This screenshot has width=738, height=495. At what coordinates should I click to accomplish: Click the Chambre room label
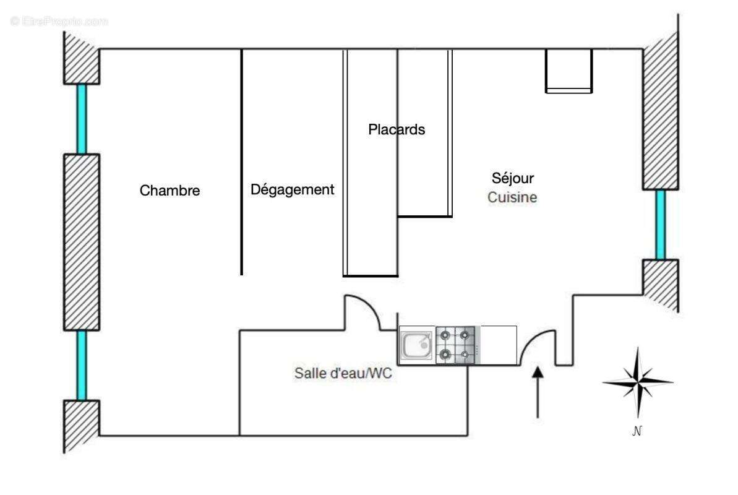[x=169, y=191]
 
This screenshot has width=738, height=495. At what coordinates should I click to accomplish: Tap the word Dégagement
[x=292, y=190]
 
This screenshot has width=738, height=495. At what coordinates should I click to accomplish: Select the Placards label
[x=397, y=130]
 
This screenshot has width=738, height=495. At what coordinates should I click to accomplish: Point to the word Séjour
[x=512, y=178]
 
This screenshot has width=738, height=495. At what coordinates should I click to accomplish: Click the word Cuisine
[x=512, y=198]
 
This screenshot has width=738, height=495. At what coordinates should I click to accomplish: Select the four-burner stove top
[x=455, y=345]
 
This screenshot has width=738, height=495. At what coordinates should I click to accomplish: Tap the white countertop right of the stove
[x=498, y=345]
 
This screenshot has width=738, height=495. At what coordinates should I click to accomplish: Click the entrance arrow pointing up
[x=538, y=392]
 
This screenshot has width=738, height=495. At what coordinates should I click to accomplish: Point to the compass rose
[x=637, y=382]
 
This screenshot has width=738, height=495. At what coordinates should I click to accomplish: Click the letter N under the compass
[x=637, y=432]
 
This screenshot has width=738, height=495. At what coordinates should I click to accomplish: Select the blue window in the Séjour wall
[x=661, y=225]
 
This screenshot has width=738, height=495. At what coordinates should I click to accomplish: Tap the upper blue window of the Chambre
[x=81, y=118]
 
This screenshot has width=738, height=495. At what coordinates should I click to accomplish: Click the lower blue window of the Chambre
[x=81, y=365]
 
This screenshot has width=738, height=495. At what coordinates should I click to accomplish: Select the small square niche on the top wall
[x=569, y=71]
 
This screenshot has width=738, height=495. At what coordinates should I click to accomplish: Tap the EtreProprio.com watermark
[x=59, y=21]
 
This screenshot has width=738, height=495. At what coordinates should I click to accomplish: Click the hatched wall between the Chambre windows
[x=81, y=241]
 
